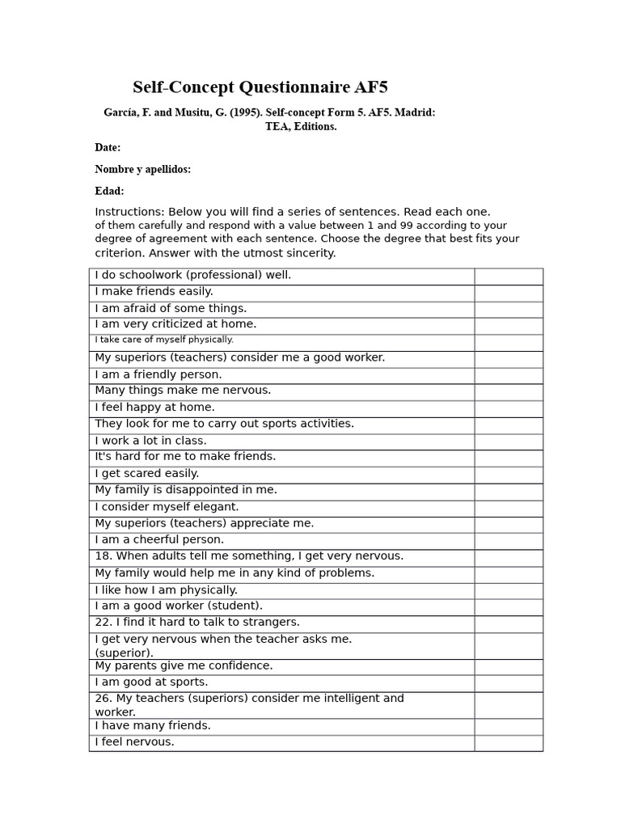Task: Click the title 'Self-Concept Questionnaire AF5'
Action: click(260, 87)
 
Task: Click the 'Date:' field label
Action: click(108, 147)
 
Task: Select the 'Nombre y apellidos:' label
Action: click(142, 169)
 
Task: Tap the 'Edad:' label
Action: click(109, 191)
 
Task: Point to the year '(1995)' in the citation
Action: click(245, 112)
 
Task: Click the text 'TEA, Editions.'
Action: click(301, 126)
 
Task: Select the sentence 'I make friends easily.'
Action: click(154, 291)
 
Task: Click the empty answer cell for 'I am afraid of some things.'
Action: click(508, 309)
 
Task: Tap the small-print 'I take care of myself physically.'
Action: click(164, 340)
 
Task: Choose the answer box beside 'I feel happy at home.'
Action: click(508, 408)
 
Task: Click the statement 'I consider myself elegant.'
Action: click(167, 507)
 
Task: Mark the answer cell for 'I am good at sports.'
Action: click(508, 683)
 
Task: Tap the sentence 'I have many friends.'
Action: click(153, 725)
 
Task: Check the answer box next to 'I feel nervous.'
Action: click(508, 742)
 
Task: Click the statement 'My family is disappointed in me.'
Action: click(186, 490)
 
